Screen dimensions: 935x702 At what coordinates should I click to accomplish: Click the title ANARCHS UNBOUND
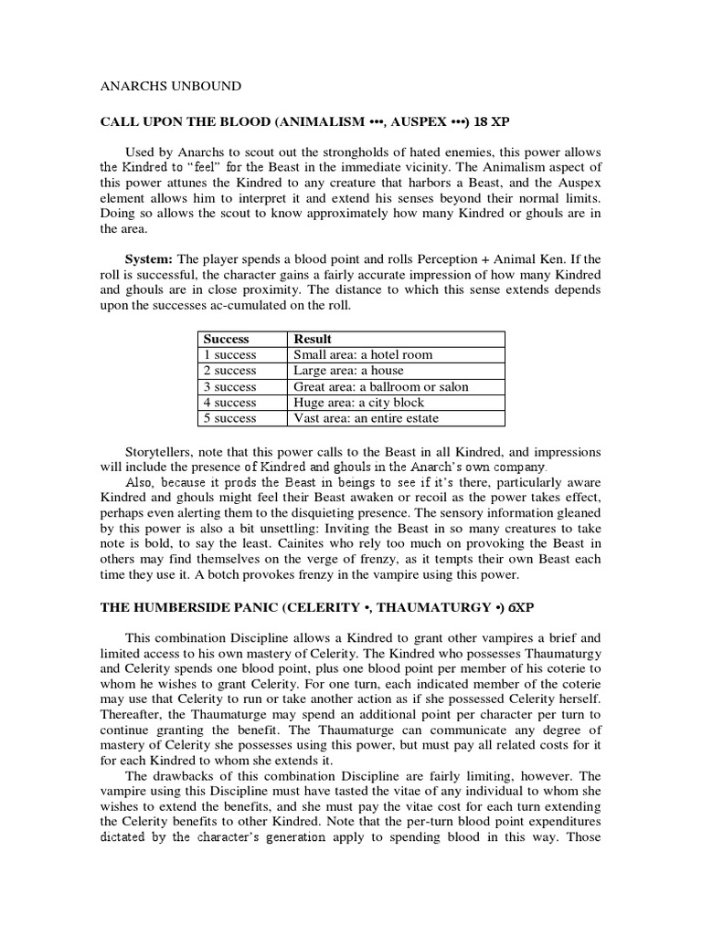coord(170,86)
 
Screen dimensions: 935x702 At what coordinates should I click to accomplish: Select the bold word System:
coord(152,258)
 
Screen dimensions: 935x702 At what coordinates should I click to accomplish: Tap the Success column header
coord(227,339)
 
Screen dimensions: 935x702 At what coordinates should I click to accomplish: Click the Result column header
coord(313,339)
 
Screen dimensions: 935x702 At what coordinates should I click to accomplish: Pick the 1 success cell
coord(230,355)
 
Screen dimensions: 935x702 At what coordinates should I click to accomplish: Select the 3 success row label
coord(230,386)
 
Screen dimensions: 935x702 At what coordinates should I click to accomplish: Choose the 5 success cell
coord(230,418)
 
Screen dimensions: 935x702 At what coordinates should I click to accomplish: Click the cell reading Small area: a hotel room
coord(363,355)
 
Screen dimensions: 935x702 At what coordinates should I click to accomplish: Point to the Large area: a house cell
coord(348,371)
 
